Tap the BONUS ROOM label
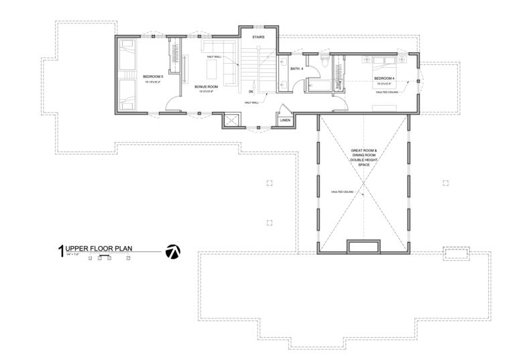coord(206,86)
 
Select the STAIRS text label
coord(257,38)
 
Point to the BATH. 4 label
coord(297,68)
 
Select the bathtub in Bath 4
coord(315,86)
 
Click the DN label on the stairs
coord(251,91)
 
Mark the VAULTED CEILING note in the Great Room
coord(342,192)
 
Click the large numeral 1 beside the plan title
coord(60,252)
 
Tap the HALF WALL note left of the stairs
coord(214,57)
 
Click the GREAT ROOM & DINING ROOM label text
coord(363,154)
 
